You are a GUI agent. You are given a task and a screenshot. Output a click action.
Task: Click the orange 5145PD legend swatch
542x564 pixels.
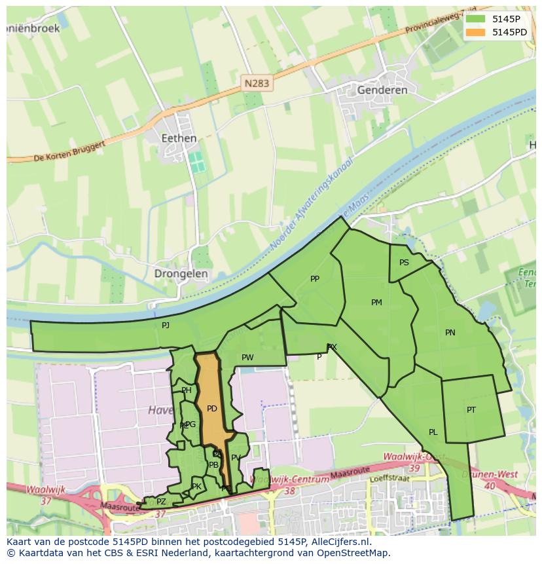(x=476, y=31)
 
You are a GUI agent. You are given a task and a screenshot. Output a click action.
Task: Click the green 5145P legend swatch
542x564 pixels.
(x=476, y=18)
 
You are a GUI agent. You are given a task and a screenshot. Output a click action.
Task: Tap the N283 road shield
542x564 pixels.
(x=257, y=83)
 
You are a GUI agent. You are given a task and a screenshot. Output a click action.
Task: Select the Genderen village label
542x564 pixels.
(x=382, y=90)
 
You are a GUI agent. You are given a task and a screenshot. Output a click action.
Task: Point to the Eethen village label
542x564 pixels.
(x=179, y=138)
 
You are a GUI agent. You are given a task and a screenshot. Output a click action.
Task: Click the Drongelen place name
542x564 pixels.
(x=181, y=274)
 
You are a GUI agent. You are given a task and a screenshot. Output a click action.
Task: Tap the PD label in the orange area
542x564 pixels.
(x=211, y=409)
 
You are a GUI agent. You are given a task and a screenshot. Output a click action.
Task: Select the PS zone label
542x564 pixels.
(x=404, y=263)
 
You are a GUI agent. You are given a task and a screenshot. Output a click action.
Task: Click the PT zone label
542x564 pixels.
(x=471, y=410)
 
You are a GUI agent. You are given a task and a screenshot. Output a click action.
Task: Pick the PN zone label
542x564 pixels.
(x=450, y=333)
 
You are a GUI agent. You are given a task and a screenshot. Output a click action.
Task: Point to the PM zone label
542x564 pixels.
(x=376, y=303)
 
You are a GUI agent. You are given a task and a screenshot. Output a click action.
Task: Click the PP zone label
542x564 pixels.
(x=315, y=279)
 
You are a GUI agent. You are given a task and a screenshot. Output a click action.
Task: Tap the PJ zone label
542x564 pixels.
(x=166, y=325)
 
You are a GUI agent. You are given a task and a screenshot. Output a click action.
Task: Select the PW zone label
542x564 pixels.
(x=247, y=358)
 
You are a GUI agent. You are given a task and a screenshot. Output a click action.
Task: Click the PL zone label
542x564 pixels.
(x=433, y=432)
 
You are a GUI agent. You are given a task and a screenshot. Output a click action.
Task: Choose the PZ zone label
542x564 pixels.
(x=161, y=502)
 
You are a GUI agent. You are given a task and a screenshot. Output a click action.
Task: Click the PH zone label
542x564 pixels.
(x=187, y=390)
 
